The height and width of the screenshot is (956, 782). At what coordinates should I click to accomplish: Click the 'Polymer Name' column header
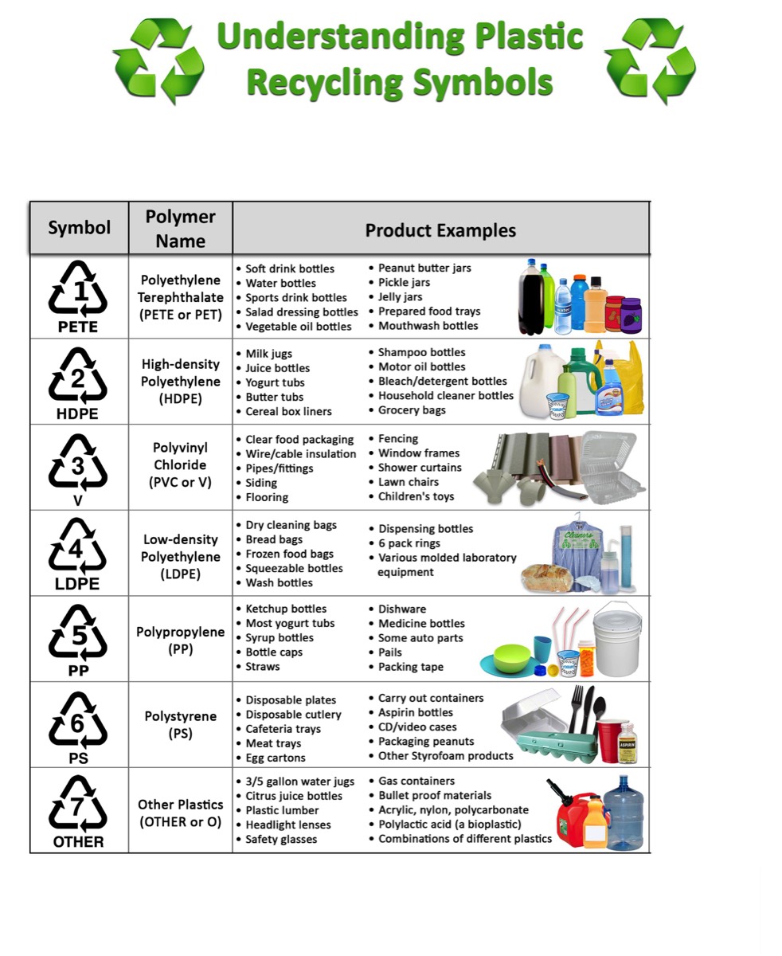pos(181,229)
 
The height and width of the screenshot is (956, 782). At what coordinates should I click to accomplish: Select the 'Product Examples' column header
pos(440,230)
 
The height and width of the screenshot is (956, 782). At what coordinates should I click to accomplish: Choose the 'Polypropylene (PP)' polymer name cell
pos(181,640)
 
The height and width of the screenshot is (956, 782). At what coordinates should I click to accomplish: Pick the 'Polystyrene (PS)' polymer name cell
pos(181,724)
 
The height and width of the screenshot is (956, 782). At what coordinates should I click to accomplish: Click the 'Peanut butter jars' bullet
pos(424,268)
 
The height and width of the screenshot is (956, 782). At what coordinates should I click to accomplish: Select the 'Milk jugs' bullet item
pos(268,354)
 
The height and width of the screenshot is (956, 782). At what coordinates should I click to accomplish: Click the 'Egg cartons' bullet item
pos(276,758)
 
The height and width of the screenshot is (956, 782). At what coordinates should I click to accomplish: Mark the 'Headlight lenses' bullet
pos(288,825)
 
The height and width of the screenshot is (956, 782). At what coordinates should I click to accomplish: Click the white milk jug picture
pos(538,381)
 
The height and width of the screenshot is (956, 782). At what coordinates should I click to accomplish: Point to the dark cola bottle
pos(532,297)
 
